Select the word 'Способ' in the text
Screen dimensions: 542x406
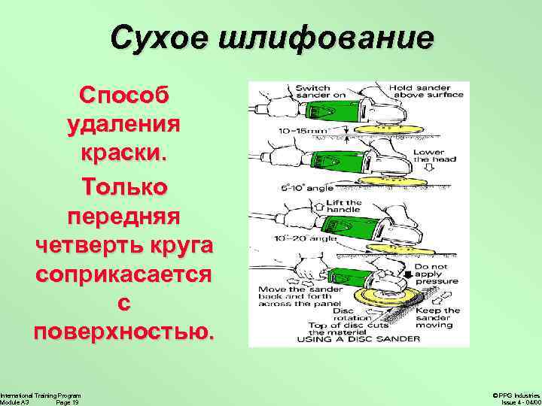[x=125, y=96]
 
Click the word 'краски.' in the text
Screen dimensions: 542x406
[x=124, y=154]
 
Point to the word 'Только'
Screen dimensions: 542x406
[x=125, y=186]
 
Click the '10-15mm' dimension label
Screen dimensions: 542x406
[x=299, y=130]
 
